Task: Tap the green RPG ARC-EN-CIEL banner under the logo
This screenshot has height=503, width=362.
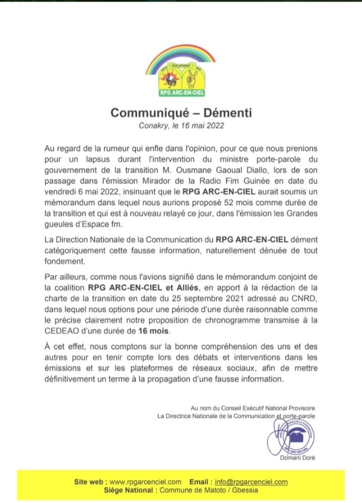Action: click(181, 93)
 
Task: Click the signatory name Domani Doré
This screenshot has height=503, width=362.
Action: click(298, 457)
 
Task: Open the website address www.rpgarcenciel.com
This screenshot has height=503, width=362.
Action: click(145, 482)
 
